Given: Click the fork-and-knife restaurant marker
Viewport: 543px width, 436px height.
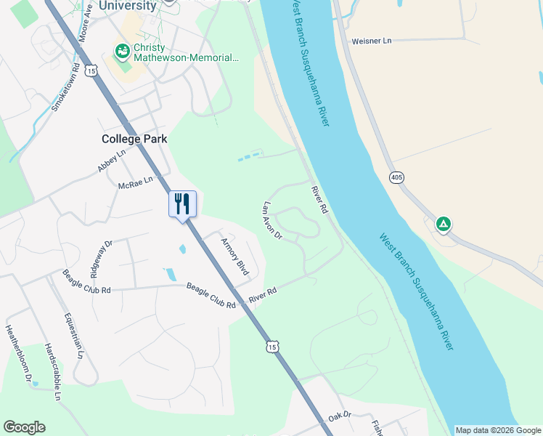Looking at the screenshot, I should pos(182,203).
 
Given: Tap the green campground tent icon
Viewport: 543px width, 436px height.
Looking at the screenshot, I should pos(443,224).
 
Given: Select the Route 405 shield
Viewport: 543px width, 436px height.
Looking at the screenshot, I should pos(396,178).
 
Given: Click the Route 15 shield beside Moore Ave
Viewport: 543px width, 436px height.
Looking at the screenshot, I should pos(90,70).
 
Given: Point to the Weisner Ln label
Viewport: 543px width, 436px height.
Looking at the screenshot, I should pos(371,41).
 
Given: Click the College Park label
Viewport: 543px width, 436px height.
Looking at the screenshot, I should pos(134,139).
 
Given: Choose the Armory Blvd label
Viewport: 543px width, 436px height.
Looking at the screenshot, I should pos(234,257).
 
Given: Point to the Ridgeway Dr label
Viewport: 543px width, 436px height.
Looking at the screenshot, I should pos(101,259).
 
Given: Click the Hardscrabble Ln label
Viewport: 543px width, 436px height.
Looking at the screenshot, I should pos(52,371).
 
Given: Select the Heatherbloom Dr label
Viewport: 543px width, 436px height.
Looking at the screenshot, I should pos(20,353).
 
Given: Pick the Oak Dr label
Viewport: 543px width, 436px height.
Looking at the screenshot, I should pos(339,416).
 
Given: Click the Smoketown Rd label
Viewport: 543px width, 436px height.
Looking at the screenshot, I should pos(65,89).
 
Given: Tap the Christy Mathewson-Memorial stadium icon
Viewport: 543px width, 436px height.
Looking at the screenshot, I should pos(123,52).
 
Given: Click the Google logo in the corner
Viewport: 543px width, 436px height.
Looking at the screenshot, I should pos(24,427).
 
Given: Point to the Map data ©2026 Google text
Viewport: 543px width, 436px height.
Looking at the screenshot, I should pos(498,430).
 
